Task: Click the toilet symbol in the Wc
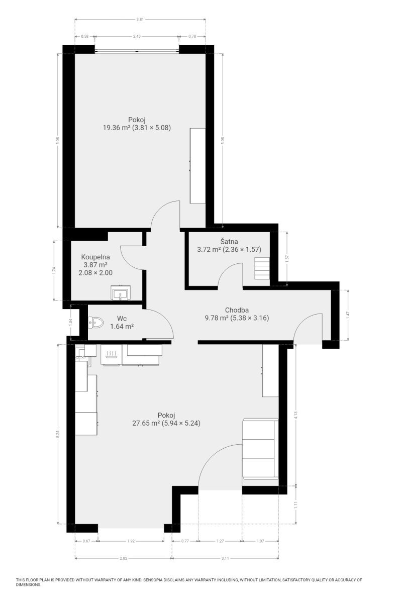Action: coord(96,322)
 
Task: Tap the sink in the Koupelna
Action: coord(121,292)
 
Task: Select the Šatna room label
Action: coord(229,241)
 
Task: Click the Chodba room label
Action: coord(237,310)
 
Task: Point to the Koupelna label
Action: coord(95,257)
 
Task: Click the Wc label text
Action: coord(122,319)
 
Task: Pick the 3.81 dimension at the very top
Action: coord(140,20)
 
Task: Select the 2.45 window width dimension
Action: coord(137,36)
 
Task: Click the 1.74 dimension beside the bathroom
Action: coord(54,270)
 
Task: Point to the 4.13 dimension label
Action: coord(296,415)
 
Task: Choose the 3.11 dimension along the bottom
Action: coord(225,558)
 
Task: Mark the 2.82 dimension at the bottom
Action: coord(123,558)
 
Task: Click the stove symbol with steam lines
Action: coord(111,355)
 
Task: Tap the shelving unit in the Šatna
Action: coord(262,268)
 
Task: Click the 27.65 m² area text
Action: coord(146,423)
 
